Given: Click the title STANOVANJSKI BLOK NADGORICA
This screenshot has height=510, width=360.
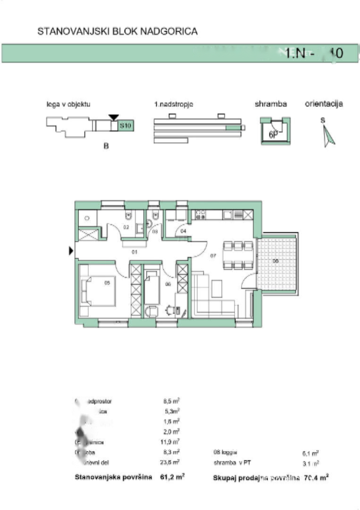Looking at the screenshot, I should pos(117,32).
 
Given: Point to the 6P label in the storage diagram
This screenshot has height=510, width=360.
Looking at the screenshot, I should pos(273,134).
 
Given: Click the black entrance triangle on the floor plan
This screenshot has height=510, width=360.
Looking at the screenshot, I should pos(71,251).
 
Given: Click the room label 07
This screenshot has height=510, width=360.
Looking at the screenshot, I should pos(213,255).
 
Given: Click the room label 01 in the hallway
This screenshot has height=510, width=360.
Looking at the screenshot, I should pos(134,252).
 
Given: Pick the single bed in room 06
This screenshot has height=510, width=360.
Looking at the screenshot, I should pos(152,287).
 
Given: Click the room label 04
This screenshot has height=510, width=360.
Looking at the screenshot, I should pos(184,230).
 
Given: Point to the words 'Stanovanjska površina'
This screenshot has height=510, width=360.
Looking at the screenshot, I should pos(113,477).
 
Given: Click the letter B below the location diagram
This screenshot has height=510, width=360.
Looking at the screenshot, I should pos(106,147).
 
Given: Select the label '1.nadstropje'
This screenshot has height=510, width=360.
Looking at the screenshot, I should pos(174,104).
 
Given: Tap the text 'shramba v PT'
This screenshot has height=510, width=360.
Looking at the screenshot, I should pos(232,463).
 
